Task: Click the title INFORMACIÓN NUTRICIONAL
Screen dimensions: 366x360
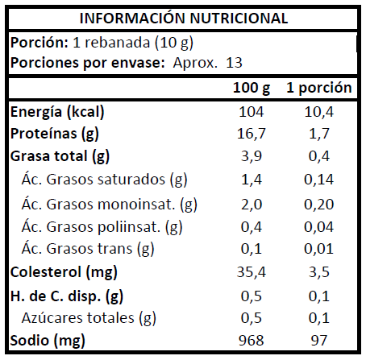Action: tap(184, 19)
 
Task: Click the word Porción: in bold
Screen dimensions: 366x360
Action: tap(40, 43)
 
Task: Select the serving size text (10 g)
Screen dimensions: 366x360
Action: tap(174, 43)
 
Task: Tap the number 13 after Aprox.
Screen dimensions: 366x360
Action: tap(234, 63)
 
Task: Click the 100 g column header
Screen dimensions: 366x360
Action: tap(252, 88)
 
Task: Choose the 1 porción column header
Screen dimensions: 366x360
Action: tap(319, 88)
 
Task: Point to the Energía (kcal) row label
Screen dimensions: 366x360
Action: tap(57, 111)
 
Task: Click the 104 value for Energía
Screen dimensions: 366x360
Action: tap(252, 111)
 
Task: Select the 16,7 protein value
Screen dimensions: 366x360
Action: tap(252, 134)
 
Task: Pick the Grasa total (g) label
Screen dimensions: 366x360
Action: tap(60, 156)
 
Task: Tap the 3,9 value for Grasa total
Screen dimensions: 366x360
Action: tap(252, 156)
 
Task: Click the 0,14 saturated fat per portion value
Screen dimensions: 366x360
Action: tap(319, 180)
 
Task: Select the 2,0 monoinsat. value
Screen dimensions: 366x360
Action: tap(252, 205)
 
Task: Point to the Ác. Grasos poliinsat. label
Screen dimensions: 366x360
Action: tap(102, 227)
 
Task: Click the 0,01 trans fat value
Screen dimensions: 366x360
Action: tap(319, 249)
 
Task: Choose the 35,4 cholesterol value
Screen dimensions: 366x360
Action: tap(252, 272)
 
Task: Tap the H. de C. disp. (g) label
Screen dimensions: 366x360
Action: tap(67, 296)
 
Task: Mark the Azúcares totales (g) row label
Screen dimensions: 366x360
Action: tap(89, 318)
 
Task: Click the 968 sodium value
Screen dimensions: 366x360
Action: tap(252, 341)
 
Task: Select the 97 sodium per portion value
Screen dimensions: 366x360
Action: tap(319, 341)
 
